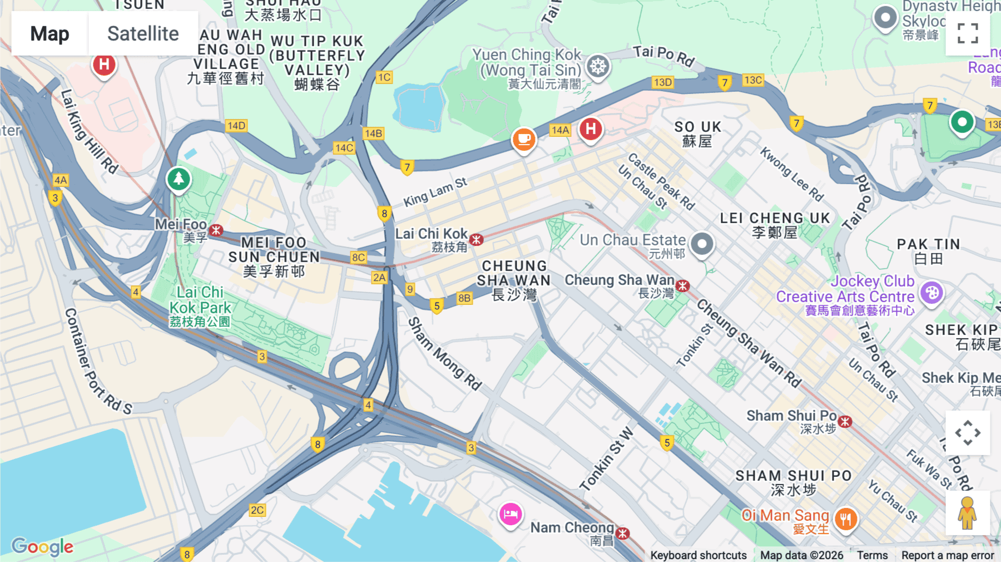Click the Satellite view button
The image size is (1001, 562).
[x=143, y=33]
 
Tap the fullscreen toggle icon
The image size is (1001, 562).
[x=968, y=33]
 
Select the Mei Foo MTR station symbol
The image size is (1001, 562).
[x=216, y=230]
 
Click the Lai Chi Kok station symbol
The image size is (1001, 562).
[x=476, y=240]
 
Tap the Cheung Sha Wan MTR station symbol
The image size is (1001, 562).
[x=683, y=286]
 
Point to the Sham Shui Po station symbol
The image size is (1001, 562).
[x=845, y=421]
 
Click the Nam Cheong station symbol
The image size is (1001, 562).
[x=623, y=533]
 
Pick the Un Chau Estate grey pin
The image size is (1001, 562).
[x=702, y=244]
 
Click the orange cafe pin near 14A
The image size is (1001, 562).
[x=523, y=139]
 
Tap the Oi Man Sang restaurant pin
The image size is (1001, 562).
[x=845, y=519]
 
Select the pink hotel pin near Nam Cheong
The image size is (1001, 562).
[x=510, y=514]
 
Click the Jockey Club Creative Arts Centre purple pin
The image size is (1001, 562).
[x=931, y=292]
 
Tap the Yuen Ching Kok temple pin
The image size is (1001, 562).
[x=598, y=66]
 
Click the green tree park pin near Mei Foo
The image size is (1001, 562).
[x=179, y=179]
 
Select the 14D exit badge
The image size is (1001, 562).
[x=236, y=126]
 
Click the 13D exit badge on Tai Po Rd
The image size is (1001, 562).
[x=662, y=82]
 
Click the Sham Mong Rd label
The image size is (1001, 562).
[x=444, y=354]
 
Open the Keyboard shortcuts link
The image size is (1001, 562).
[x=698, y=555]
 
